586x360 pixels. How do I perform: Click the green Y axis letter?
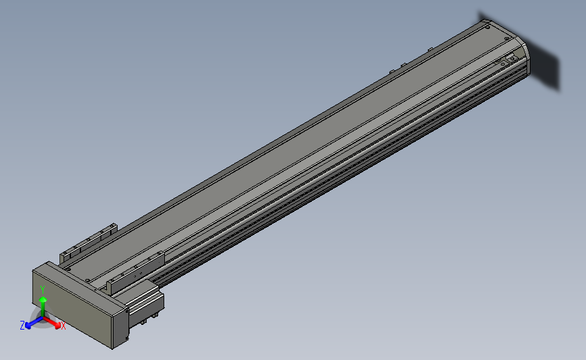[x=42, y=290]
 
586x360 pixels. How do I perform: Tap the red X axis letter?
[x=63, y=326]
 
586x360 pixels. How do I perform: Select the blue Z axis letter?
[x=22, y=326]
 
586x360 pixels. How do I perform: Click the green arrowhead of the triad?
[x=43, y=299]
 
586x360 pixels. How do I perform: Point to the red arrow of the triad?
[x=52, y=322]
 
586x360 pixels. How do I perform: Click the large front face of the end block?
[x=72, y=303]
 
